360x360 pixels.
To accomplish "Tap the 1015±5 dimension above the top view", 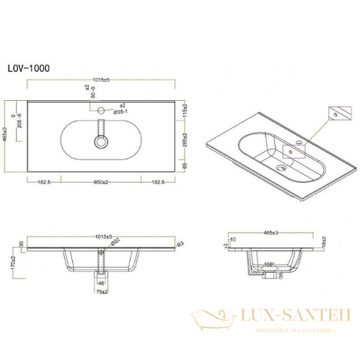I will tap(102, 78).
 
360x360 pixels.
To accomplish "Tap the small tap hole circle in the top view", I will tap(101, 110).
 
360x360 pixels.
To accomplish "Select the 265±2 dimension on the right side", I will tap(186, 140).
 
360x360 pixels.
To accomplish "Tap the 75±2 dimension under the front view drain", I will tap(101, 292).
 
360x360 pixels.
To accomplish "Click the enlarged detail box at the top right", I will tap(338, 113).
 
